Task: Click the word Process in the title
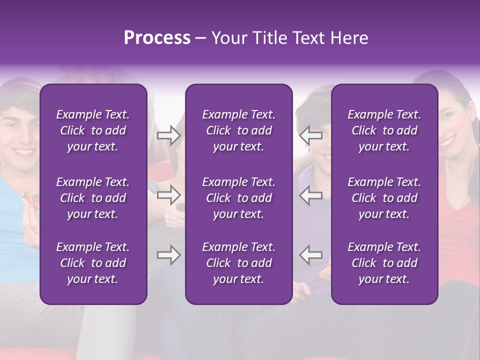(x=157, y=38)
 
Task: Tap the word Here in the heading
(x=349, y=38)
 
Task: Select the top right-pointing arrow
(x=168, y=135)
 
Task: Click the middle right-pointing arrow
(x=168, y=195)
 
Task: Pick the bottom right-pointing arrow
(x=168, y=254)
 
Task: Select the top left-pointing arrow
(x=311, y=135)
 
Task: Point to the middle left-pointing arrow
(x=311, y=195)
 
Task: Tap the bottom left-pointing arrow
(x=311, y=254)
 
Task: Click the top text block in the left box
(x=93, y=130)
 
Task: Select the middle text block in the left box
(x=93, y=198)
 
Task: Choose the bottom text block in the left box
(x=93, y=263)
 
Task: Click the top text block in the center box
(x=239, y=130)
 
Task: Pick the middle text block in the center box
(x=239, y=198)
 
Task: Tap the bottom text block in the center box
(x=239, y=263)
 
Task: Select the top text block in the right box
(x=384, y=130)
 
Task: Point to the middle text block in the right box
(x=384, y=198)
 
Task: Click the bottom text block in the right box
(x=384, y=263)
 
